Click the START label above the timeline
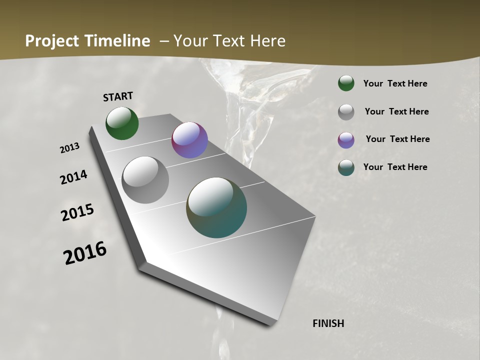118,96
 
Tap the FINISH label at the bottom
328,323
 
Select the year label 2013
69,148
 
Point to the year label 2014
74,177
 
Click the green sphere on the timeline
122,123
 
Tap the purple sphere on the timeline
189,140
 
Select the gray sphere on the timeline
145,180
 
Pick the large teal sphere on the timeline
216,207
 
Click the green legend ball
346,83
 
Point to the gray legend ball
346,112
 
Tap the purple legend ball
346,140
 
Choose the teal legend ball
346,167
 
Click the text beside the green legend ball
395,83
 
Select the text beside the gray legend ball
396,111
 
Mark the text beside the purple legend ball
397,139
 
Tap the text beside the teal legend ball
395,167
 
